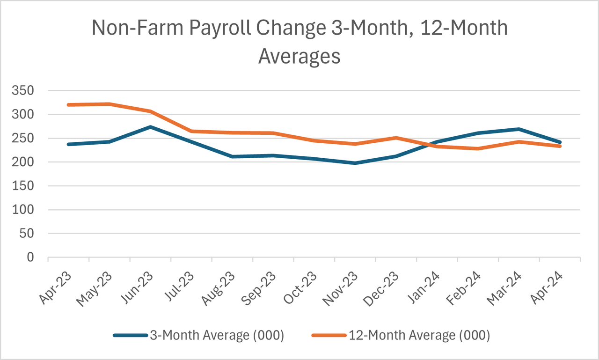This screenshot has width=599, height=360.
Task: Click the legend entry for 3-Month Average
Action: coord(198,335)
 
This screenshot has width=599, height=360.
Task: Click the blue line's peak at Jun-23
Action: coord(150,127)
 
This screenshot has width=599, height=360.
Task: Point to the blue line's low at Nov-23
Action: coord(355,163)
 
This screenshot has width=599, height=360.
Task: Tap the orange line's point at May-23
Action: coord(109,104)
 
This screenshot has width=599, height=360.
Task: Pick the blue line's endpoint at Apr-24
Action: coord(560,142)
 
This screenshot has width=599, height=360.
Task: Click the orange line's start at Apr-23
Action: coord(68,105)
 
